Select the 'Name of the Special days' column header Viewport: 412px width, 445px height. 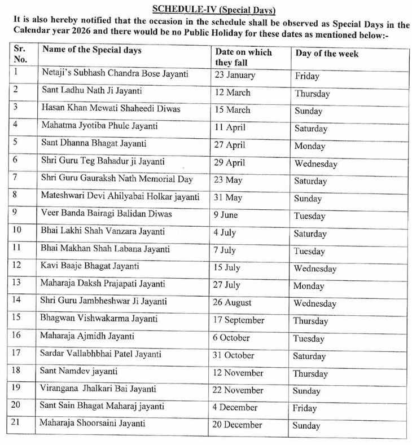coord(92,50)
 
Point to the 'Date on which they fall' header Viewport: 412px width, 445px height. coord(243,57)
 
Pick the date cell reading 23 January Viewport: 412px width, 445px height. coord(235,74)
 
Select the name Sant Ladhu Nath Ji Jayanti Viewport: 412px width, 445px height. coord(93,90)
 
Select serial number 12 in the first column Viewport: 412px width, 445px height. coord(17,266)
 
